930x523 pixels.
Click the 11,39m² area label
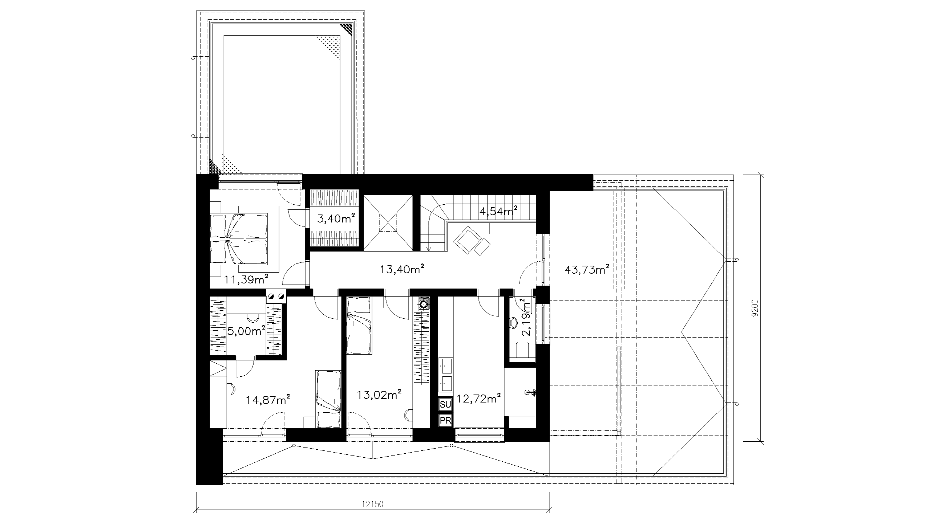click(246, 279)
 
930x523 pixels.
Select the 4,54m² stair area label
click(498, 211)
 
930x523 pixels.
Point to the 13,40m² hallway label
click(402, 269)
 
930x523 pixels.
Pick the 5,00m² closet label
click(246, 331)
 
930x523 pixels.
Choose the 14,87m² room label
click(268, 400)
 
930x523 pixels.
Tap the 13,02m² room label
click(379, 394)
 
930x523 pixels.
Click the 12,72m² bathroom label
click(479, 400)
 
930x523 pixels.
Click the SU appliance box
click(445, 404)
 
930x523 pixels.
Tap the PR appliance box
click(445, 420)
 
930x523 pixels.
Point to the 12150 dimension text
click(373, 504)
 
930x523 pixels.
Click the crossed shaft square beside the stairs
click(388, 223)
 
